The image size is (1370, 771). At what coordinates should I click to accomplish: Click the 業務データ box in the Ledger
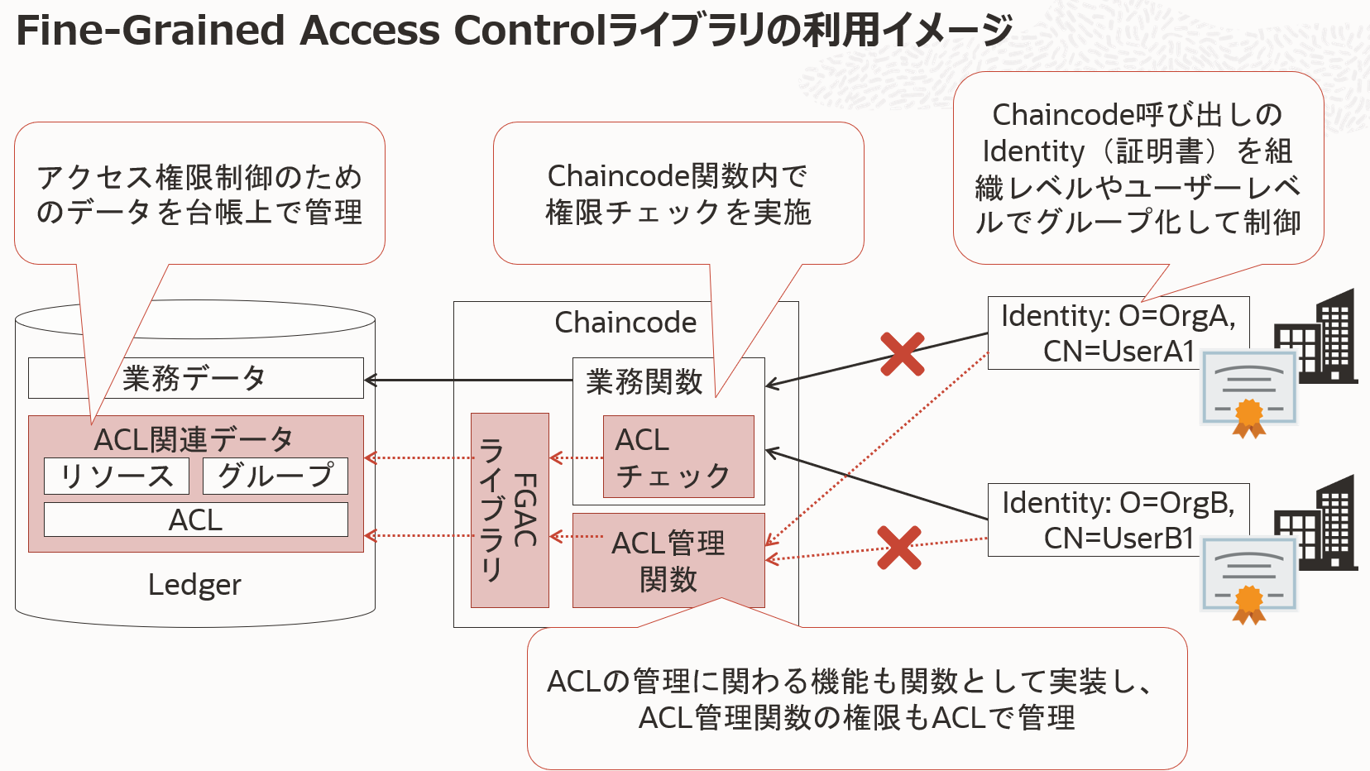pyautogui.click(x=195, y=378)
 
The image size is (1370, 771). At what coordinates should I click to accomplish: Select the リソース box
pyautogui.click(x=117, y=476)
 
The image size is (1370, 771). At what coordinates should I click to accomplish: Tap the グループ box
pyautogui.click(x=275, y=476)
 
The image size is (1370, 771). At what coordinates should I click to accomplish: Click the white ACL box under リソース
pyautogui.click(x=195, y=520)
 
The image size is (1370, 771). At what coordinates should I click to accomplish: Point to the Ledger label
pyautogui.click(x=194, y=585)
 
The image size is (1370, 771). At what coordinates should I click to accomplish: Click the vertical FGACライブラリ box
pyautogui.click(x=510, y=510)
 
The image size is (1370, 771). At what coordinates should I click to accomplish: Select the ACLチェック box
pyautogui.click(x=678, y=457)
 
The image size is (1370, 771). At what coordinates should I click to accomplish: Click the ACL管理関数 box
pyautogui.click(x=668, y=560)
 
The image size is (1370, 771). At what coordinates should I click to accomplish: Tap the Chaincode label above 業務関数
pyautogui.click(x=625, y=323)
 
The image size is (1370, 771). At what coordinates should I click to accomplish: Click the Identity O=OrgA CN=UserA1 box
pyautogui.click(x=1118, y=333)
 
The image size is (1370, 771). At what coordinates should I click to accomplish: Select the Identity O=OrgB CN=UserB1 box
pyautogui.click(x=1118, y=520)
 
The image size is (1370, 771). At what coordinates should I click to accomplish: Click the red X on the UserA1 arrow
pyautogui.click(x=902, y=354)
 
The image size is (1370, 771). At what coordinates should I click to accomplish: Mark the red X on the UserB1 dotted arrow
pyautogui.click(x=899, y=548)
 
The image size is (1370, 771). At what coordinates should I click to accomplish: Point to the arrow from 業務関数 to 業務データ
pyautogui.click(x=467, y=381)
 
